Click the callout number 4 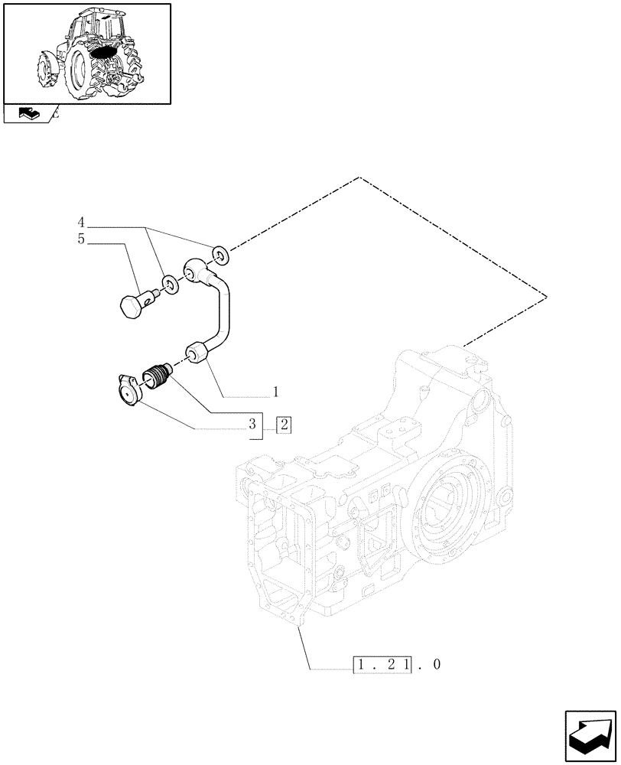(80, 223)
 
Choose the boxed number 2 (284, 424)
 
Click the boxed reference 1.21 (382, 664)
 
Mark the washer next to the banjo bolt (171, 285)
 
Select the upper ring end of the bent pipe (196, 270)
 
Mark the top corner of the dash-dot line (359, 177)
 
